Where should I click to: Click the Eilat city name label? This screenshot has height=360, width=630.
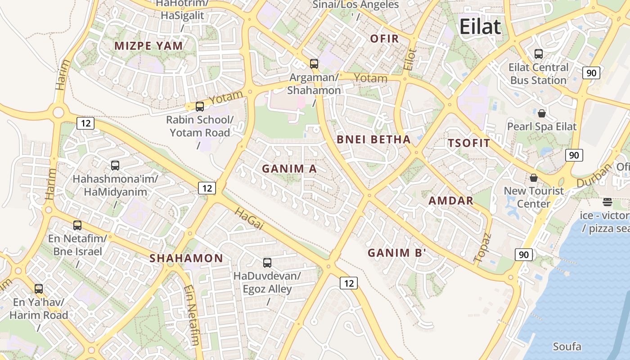[480, 27]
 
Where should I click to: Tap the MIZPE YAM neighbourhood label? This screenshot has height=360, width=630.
[148, 46]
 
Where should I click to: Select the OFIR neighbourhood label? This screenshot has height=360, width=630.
[385, 39]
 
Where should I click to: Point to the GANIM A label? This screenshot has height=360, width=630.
[289, 169]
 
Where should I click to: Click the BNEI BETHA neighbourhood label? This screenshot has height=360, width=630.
[373, 139]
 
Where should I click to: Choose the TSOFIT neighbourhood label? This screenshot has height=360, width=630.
[468, 144]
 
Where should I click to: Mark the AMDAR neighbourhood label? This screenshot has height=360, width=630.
[451, 201]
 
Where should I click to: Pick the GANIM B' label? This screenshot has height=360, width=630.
[396, 253]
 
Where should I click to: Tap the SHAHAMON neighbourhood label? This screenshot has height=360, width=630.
[186, 258]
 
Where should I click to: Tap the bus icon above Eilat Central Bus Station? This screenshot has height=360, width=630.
[538, 54]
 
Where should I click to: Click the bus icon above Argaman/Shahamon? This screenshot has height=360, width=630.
[314, 64]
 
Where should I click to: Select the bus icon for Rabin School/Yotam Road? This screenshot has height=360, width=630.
[200, 107]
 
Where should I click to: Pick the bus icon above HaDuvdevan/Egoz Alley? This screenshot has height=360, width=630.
[267, 262]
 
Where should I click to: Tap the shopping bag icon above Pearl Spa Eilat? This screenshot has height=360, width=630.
[542, 113]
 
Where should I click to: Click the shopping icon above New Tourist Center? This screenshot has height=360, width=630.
[534, 178]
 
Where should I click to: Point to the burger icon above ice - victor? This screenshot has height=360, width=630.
[607, 202]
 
